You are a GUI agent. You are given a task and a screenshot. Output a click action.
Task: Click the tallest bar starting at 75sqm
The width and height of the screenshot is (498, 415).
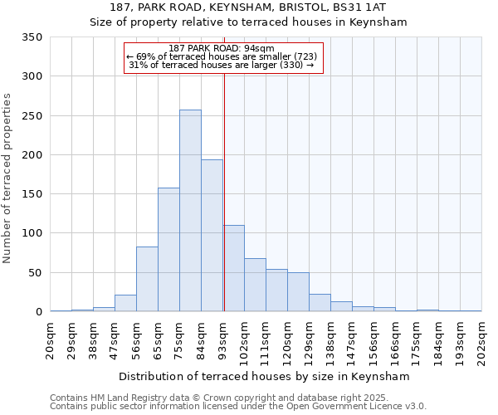click(x=190, y=211)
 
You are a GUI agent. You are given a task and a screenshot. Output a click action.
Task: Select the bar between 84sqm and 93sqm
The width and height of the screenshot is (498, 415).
click(x=212, y=236)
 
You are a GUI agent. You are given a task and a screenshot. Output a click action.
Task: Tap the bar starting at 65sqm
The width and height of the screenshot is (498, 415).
click(x=168, y=250)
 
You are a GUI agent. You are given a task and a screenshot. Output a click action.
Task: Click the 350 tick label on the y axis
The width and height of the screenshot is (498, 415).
click(x=32, y=37)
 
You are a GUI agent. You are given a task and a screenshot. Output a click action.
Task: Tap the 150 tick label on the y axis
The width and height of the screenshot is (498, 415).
click(x=32, y=194)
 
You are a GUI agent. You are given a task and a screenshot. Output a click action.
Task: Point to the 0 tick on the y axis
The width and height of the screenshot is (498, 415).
click(x=38, y=312)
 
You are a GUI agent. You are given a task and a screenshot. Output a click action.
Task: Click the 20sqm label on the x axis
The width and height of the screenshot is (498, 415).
click(x=51, y=339)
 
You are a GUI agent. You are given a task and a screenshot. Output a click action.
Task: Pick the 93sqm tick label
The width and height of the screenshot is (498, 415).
click(x=223, y=339)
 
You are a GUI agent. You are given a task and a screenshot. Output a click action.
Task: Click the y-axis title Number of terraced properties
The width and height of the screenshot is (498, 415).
click(x=8, y=178)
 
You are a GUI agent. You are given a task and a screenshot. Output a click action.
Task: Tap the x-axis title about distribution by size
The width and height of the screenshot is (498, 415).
click(x=266, y=376)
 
